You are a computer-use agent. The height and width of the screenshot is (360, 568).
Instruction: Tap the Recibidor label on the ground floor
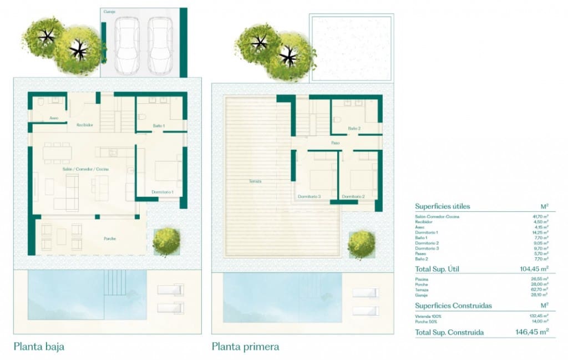pyautogui.click(x=84, y=125)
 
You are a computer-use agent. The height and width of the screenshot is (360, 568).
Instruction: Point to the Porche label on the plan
pyautogui.click(x=110, y=239)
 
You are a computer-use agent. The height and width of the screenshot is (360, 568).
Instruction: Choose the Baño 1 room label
pyautogui.click(x=159, y=126)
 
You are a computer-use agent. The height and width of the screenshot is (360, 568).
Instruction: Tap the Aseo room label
pyautogui.click(x=54, y=118)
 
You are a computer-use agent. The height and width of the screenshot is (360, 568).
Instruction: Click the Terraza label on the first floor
pyautogui.click(x=255, y=181)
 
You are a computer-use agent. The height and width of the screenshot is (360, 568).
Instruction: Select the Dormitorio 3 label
pyautogui.click(x=309, y=196)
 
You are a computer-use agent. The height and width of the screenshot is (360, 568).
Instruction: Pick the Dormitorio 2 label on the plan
pyautogui.click(x=353, y=196)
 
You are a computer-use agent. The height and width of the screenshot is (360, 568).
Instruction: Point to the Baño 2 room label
pyautogui.click(x=355, y=129)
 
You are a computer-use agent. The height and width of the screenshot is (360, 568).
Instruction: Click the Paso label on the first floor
pyautogui.click(x=336, y=143)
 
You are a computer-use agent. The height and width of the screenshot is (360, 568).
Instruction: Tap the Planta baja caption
pyautogui.click(x=39, y=347)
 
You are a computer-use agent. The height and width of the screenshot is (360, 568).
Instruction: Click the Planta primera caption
pyautogui.click(x=245, y=347)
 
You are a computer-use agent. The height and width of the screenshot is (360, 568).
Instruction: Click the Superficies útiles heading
pyautogui.click(x=443, y=206)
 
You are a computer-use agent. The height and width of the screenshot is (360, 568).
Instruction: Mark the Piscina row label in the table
pyautogui.click(x=422, y=279)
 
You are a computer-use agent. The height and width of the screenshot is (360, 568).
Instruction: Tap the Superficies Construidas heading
pyautogui.click(x=453, y=306)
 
